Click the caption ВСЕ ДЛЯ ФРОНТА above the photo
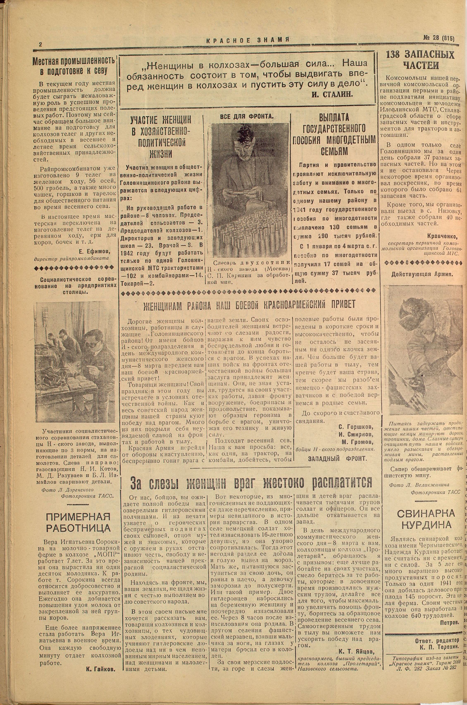(247, 116)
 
